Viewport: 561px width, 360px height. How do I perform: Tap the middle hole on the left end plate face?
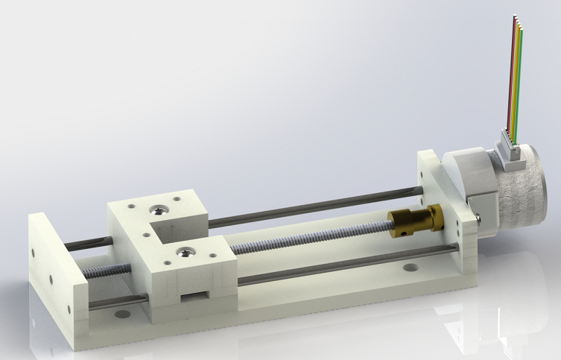(x=50, y=278)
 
